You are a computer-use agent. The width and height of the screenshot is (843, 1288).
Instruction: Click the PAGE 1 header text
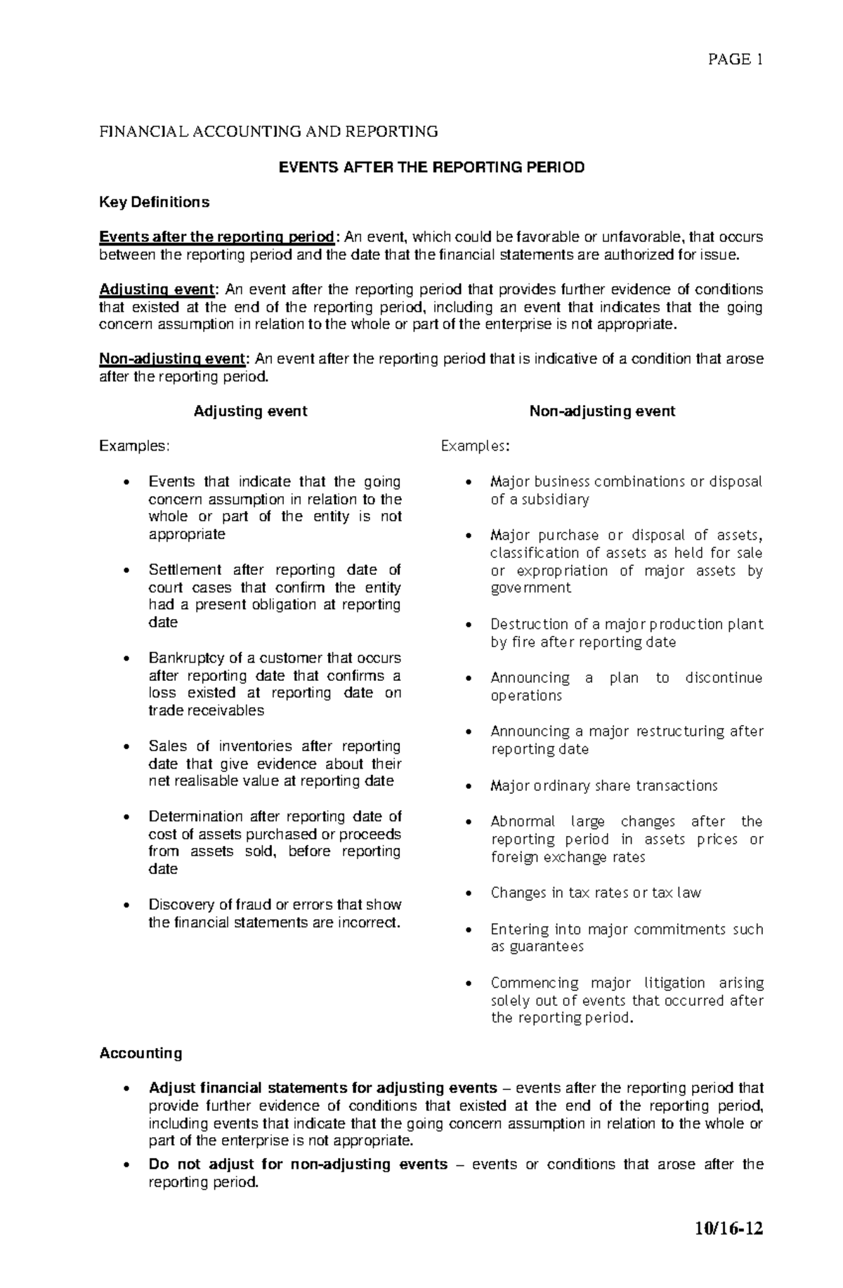(x=735, y=60)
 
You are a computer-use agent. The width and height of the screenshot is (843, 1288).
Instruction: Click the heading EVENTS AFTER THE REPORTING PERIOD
(x=431, y=168)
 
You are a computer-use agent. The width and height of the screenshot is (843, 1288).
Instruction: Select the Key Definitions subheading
(x=154, y=202)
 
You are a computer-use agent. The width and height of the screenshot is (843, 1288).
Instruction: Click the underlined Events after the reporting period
(x=217, y=237)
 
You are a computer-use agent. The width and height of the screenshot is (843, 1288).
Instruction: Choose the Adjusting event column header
(x=250, y=411)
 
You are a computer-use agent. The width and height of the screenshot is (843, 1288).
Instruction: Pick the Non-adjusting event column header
(x=602, y=411)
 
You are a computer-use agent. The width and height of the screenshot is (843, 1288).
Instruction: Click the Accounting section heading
(x=140, y=1053)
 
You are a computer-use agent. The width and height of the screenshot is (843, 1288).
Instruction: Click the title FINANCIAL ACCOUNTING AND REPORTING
(x=268, y=131)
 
